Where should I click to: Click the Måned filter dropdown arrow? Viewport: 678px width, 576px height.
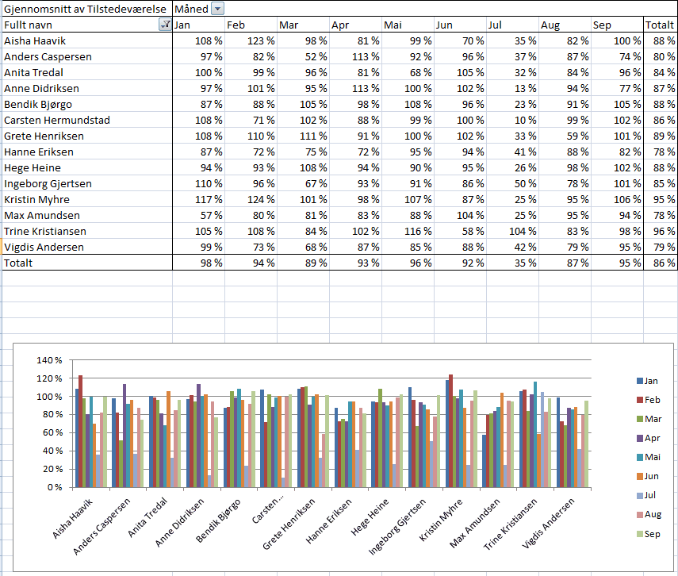pyautogui.click(x=218, y=9)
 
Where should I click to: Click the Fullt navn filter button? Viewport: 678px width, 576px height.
pyautogui.click(x=165, y=25)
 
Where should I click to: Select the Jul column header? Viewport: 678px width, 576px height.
pyautogui.click(x=495, y=25)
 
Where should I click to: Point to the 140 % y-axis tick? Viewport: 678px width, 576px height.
pyautogui.click(x=48, y=360)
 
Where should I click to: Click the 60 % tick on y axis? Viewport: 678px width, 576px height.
pyautogui.click(x=50, y=451)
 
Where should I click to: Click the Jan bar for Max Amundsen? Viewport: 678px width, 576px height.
pyautogui.click(x=485, y=461)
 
